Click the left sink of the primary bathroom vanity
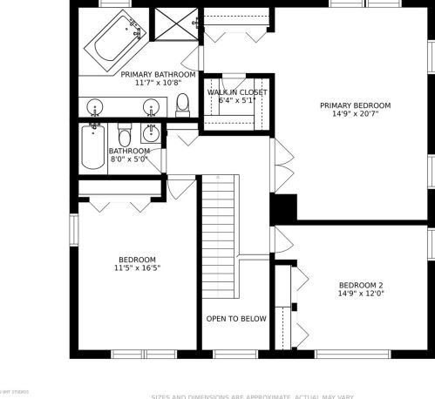coord(96,107)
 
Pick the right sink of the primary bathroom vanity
coord(149,107)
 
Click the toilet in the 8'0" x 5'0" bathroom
coord(124,137)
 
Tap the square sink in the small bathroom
coord(152,133)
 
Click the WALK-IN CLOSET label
coord(237,91)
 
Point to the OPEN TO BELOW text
coord(235,319)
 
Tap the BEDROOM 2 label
coord(361,285)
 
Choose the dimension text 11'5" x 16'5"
coord(137,268)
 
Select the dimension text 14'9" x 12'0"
coord(361,294)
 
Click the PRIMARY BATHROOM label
coord(158,75)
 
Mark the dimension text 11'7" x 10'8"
coord(158,84)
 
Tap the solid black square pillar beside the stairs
coord(283,208)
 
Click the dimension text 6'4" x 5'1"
coord(237,100)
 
